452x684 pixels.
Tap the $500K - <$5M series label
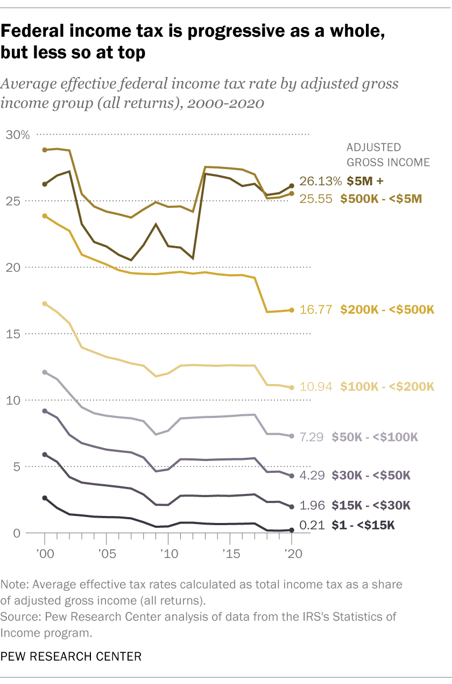(381, 198)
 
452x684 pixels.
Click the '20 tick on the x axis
(292, 554)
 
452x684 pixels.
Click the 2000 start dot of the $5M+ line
(45, 184)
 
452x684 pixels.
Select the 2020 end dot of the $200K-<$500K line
(292, 310)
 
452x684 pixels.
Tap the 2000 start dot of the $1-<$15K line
(45, 498)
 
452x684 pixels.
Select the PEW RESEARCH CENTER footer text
(71, 656)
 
